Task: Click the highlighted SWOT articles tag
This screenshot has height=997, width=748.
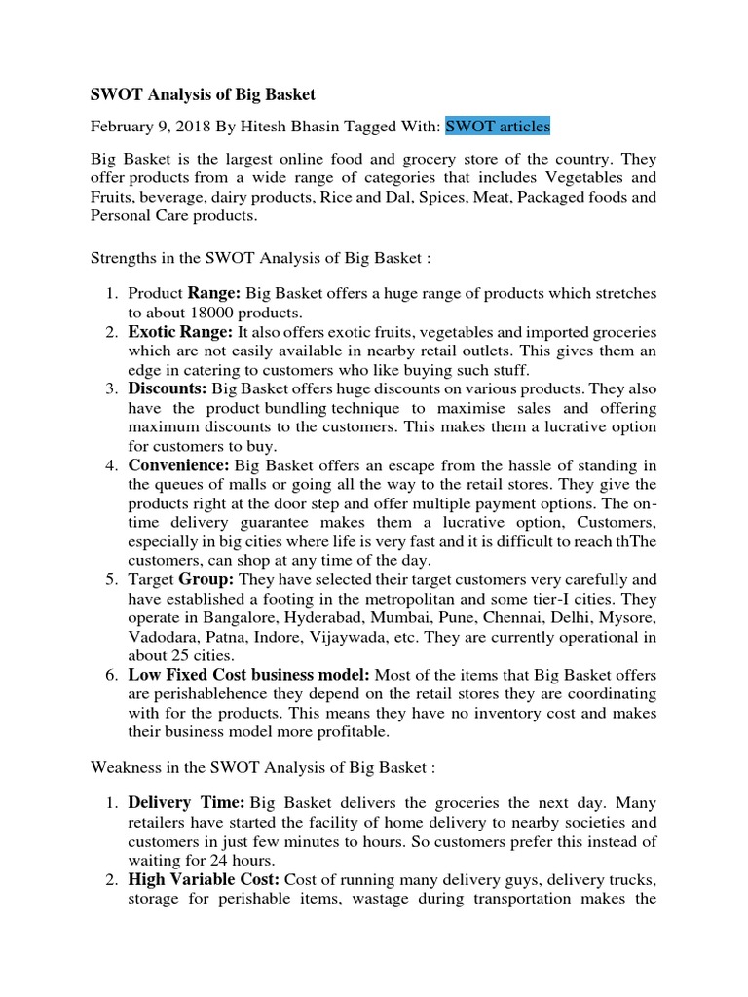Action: [x=498, y=126]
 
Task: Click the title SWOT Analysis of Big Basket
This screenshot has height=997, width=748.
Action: [x=203, y=94]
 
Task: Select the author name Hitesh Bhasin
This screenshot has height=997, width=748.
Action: [x=273, y=126]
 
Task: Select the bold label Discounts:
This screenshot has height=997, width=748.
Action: [x=168, y=388]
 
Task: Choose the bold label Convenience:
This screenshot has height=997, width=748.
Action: [x=179, y=464]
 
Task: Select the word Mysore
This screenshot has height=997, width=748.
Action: [x=626, y=618]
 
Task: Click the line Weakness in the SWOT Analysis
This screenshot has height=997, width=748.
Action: [x=262, y=767]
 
